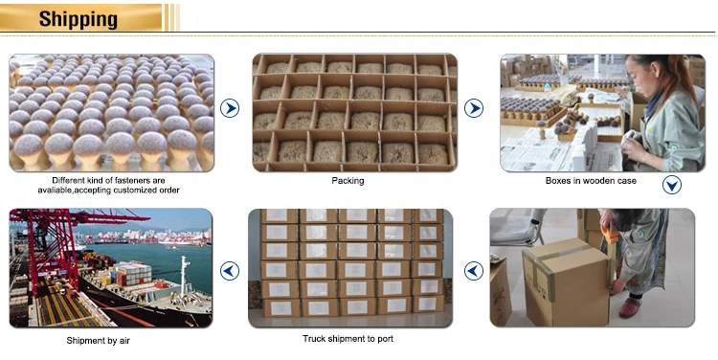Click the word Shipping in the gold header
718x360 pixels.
[x=79, y=19]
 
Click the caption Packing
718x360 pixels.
[x=348, y=181]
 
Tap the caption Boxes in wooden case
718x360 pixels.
[x=591, y=181]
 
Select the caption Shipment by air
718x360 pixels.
[x=98, y=341]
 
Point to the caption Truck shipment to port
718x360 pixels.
[x=348, y=339]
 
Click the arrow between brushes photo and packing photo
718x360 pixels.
[x=230, y=108]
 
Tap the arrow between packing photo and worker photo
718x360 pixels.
[x=474, y=108]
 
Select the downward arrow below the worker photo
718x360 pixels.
[x=672, y=185]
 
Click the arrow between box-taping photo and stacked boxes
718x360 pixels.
[x=474, y=271]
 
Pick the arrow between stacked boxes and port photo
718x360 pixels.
[x=230, y=271]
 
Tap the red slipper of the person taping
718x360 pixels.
[x=630, y=307]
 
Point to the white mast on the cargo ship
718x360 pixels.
[x=184, y=276]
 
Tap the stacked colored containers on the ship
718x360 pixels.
[x=133, y=274]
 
